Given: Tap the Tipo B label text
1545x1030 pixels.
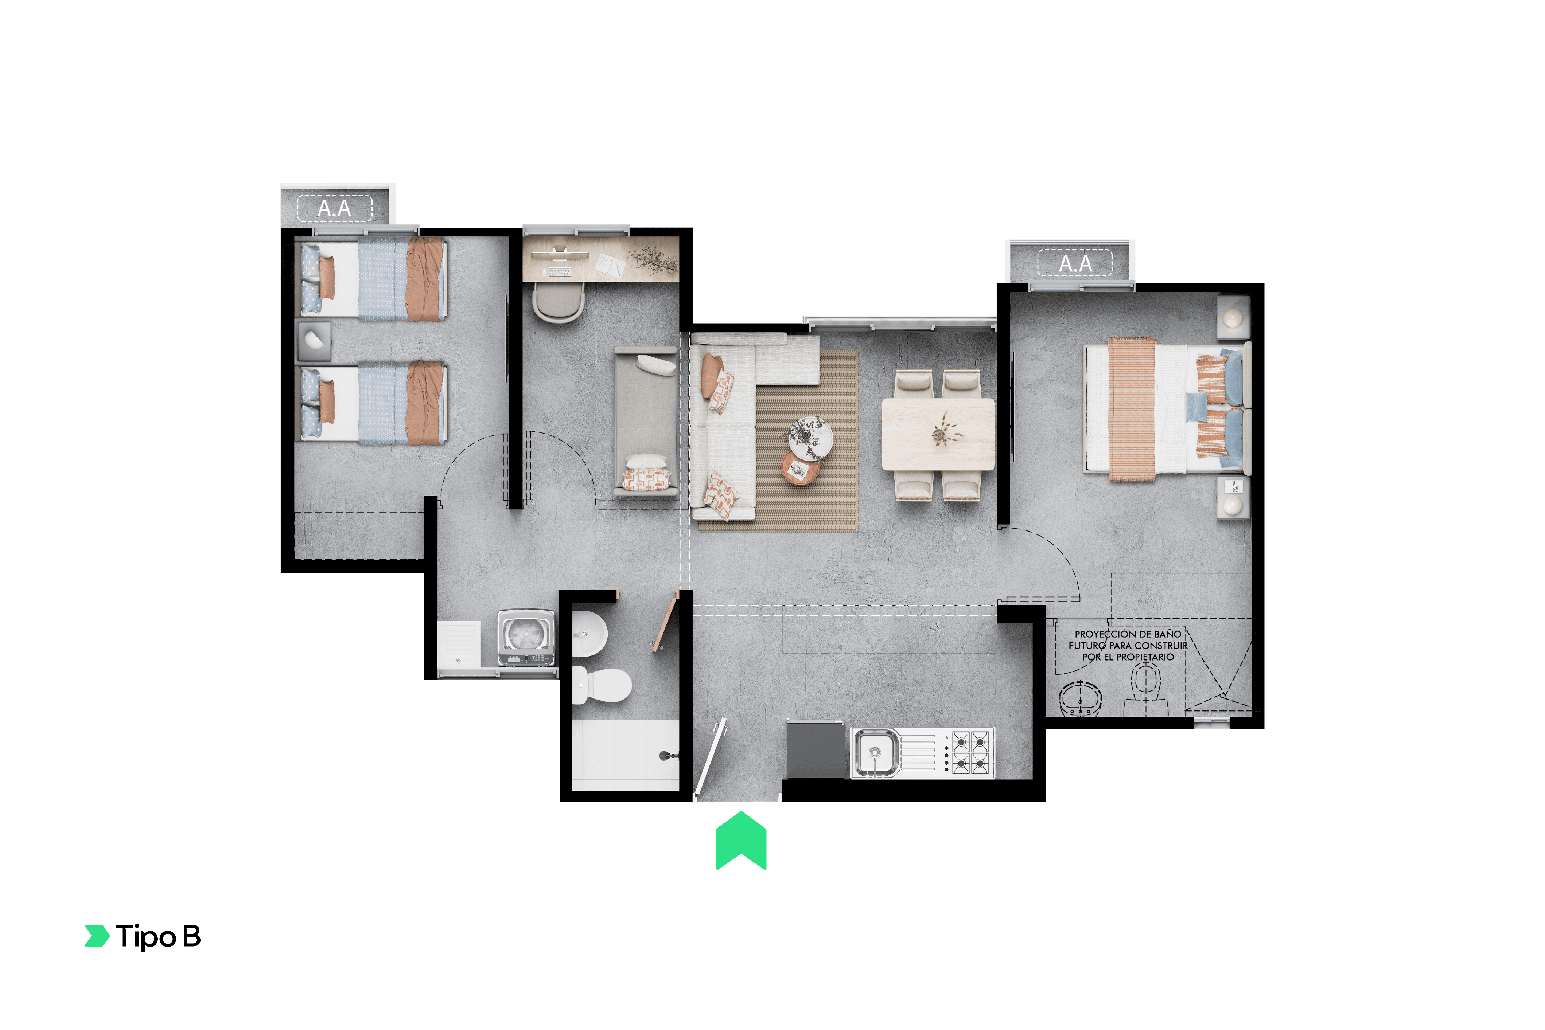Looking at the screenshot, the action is (x=158, y=936).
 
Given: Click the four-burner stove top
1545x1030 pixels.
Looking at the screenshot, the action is (x=970, y=753).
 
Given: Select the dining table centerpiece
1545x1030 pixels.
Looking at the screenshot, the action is (x=944, y=431).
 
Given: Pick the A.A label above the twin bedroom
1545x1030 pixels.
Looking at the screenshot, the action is (x=335, y=209).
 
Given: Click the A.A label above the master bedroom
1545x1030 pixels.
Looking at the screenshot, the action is (x=1075, y=264).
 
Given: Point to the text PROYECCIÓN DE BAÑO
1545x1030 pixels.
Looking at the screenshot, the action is (x=1128, y=634).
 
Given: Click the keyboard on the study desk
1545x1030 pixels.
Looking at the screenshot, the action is (x=560, y=272).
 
